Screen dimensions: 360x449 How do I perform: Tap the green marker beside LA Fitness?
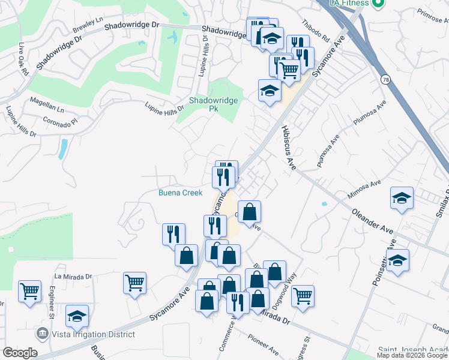378,3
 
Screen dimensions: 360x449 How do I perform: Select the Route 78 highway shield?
385,79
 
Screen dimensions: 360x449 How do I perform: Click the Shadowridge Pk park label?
214,104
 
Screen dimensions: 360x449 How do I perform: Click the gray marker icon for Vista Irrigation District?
43,332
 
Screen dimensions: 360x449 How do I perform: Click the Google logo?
20,353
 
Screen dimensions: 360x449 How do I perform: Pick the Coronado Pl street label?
60,121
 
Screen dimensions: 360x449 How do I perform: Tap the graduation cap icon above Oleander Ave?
402,199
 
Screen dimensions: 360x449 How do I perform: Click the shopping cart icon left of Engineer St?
29,292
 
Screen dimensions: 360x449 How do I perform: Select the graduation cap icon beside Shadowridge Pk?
270,91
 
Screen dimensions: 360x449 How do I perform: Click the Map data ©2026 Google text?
412,355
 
